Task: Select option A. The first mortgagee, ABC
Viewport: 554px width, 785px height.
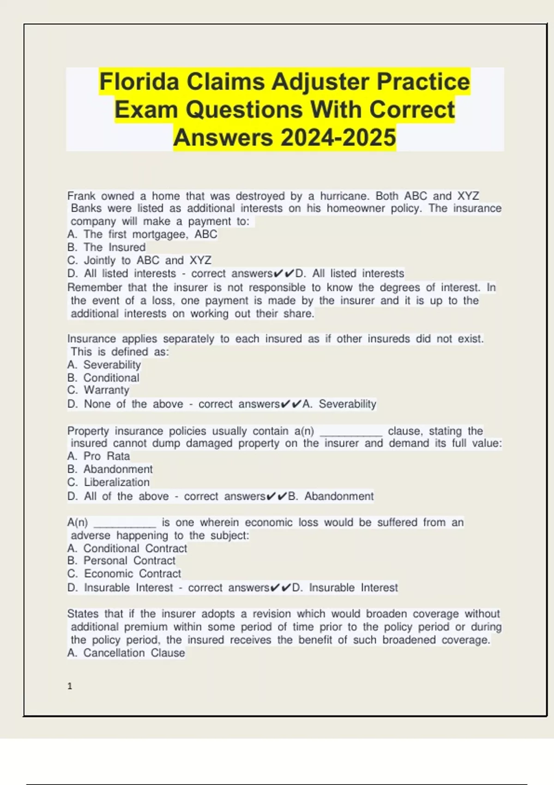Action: click(x=142, y=235)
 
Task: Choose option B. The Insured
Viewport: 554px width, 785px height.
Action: click(x=106, y=248)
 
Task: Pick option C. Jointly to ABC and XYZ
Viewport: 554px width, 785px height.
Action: click(x=139, y=260)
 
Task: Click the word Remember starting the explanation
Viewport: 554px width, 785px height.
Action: click(x=95, y=288)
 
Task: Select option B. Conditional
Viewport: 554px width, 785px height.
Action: click(x=103, y=378)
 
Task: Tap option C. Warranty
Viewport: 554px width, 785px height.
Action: click(x=98, y=390)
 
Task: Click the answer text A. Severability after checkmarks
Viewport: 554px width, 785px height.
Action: click(x=339, y=404)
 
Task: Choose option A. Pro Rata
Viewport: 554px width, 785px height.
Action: click(x=98, y=456)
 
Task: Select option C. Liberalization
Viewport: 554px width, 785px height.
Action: click(x=108, y=483)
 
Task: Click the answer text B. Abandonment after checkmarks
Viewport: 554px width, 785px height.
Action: click(x=331, y=496)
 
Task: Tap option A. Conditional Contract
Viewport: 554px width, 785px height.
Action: click(x=127, y=549)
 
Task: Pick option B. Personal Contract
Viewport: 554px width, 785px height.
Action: click(x=121, y=561)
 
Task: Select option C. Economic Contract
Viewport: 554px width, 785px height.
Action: click(x=124, y=574)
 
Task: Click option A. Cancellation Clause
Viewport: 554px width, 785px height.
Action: click(x=126, y=653)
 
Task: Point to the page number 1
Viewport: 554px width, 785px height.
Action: click(x=70, y=686)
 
